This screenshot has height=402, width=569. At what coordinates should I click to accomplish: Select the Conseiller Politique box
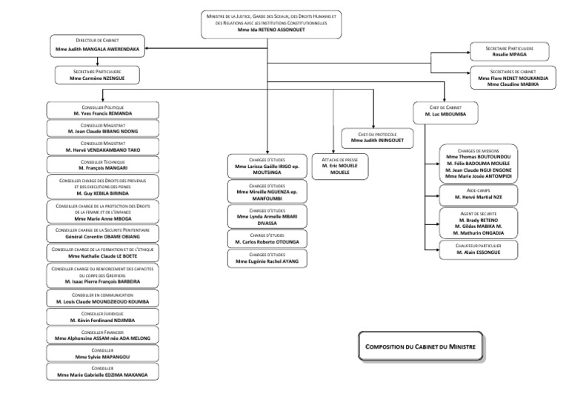point(102,110)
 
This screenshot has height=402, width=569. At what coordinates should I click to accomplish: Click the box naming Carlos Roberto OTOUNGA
point(267,238)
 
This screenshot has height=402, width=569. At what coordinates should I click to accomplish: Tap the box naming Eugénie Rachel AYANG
point(267,258)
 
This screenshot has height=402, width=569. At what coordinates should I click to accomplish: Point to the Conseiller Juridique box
point(102,317)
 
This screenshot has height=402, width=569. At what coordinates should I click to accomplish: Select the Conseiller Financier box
point(102,335)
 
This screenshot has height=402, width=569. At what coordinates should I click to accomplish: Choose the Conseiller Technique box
point(102,164)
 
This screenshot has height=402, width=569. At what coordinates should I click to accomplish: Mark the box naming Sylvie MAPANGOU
point(102,353)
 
